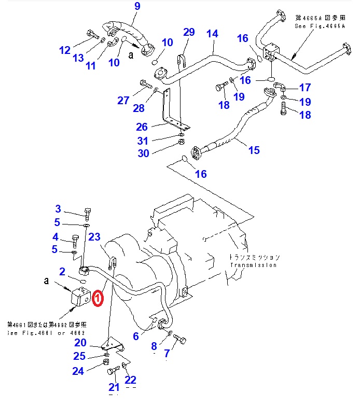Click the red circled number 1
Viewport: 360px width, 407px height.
click(x=98, y=298)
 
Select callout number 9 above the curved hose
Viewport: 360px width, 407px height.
click(x=137, y=6)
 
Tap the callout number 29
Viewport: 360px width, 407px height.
click(x=189, y=32)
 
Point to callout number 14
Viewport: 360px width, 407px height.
click(x=212, y=34)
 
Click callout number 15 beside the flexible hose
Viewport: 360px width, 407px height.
click(x=254, y=150)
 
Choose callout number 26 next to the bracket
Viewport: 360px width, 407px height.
click(x=142, y=127)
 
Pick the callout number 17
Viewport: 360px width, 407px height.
click(x=305, y=87)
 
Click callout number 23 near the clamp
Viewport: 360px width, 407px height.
click(x=94, y=237)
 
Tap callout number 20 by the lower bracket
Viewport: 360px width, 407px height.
click(x=80, y=342)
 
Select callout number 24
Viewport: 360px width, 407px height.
click(x=78, y=371)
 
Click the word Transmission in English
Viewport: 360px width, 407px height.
click(x=253, y=265)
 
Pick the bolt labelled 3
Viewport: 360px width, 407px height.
click(x=87, y=213)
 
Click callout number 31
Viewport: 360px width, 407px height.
click(x=143, y=141)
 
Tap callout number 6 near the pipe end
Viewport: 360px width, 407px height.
click(x=135, y=336)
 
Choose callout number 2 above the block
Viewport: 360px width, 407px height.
click(x=62, y=271)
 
